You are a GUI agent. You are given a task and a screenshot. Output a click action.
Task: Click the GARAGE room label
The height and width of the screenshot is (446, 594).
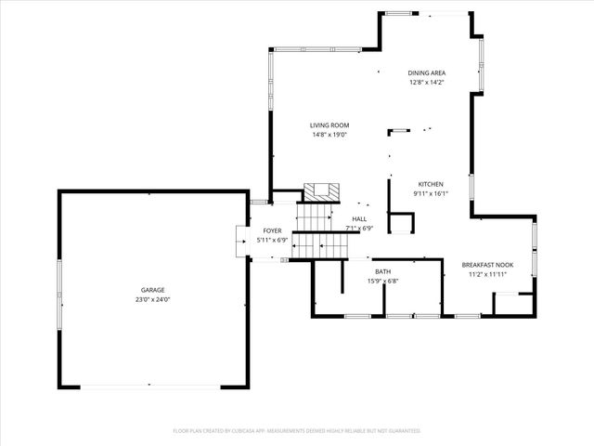(153, 290)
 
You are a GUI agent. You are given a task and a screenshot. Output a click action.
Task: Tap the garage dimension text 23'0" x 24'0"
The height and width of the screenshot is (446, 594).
(153, 299)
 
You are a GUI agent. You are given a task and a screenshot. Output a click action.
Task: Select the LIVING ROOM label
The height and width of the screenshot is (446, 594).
(329, 125)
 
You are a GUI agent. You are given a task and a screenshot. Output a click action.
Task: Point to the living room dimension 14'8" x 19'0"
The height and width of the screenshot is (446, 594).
(329, 135)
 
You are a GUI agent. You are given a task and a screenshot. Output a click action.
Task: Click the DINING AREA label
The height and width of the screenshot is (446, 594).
(427, 72)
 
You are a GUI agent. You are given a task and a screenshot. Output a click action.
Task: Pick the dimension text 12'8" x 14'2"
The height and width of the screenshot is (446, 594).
(427, 82)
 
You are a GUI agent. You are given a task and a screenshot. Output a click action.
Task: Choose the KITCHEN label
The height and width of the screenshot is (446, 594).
(430, 184)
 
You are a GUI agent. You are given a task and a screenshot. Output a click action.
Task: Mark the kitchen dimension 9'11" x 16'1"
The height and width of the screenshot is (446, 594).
(430, 193)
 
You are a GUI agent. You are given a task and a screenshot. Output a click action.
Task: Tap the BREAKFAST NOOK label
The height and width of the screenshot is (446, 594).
(487, 265)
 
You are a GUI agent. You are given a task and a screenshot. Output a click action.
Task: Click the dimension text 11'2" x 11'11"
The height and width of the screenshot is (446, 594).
(487, 274)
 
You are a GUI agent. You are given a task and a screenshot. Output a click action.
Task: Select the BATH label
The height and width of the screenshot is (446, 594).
(382, 271)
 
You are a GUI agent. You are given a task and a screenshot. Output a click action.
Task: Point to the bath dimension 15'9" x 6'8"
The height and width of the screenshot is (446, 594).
(382, 281)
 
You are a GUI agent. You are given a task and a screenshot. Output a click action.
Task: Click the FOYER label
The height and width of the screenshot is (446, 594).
(272, 230)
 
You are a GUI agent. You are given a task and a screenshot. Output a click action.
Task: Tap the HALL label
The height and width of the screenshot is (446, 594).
(358, 218)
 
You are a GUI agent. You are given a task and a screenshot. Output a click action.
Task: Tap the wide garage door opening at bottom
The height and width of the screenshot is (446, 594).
(153, 386)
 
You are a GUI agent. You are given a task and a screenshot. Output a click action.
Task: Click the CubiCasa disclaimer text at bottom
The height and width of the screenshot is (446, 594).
(297, 431)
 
